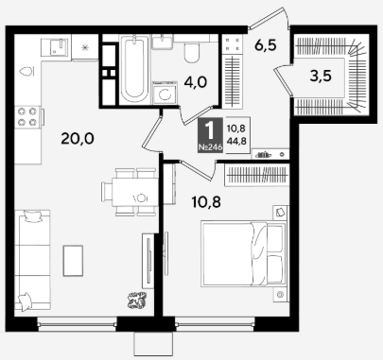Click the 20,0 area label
coord(78,139)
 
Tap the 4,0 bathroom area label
coord(196,82)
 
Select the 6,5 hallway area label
coord(266,45)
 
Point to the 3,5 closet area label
coord(321,76)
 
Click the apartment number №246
coord(210,147)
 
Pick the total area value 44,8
coord(236,141)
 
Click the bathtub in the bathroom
coord(134,69)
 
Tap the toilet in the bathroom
coord(192,53)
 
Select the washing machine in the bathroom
coord(165,94)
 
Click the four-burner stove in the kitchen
coord(27,116)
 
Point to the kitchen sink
coord(54,47)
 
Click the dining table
coord(135,192)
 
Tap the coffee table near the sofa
coord(73,261)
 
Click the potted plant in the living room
coord(137,300)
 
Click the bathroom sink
coord(163,42)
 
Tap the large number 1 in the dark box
coord(210,130)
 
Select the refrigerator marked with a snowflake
coord(85,47)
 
